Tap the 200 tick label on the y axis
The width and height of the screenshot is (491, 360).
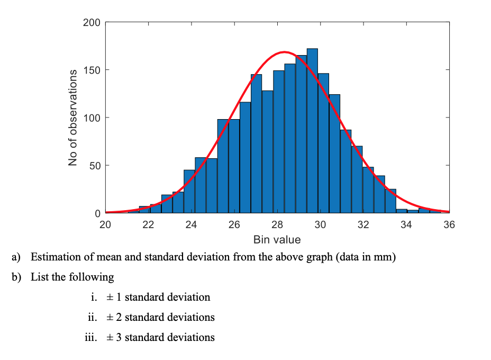pyautogui.click(x=92, y=22)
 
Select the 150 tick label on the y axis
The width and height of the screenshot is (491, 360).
pyautogui.click(x=92, y=70)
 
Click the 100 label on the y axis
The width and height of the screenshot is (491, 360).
pyautogui.click(x=92, y=118)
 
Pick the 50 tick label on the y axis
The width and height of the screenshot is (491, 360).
pyautogui.click(x=94, y=165)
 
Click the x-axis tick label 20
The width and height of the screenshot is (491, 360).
pyautogui.click(x=105, y=224)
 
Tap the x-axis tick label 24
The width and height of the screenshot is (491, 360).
pyautogui.click(x=191, y=224)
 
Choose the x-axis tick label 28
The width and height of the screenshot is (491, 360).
pyautogui.click(x=277, y=224)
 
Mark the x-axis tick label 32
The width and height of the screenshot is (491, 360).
pyautogui.click(x=363, y=224)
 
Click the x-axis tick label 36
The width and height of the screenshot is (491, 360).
pyautogui.click(x=449, y=224)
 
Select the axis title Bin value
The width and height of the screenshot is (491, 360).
pyautogui.click(x=277, y=239)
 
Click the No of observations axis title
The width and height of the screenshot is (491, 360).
pyautogui.click(x=74, y=118)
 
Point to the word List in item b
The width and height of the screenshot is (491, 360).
pyautogui.click(x=40, y=277)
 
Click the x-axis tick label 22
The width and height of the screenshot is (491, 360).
pyautogui.click(x=148, y=224)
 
